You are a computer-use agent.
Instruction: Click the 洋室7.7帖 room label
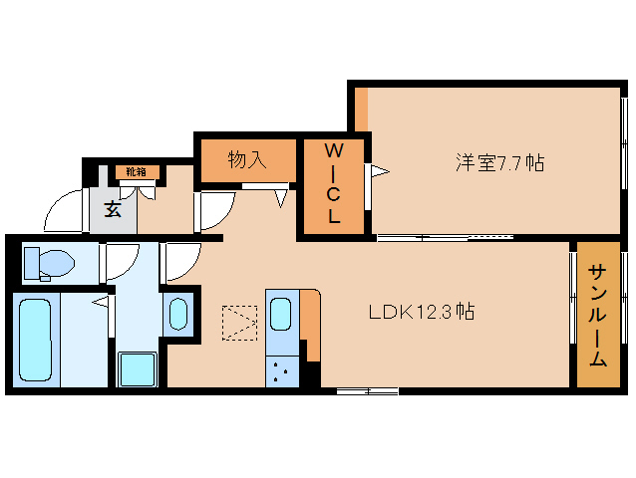(x=499, y=163)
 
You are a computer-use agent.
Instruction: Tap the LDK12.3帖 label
(x=421, y=312)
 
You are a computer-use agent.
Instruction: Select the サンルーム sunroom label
(x=597, y=316)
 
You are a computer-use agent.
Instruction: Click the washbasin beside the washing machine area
(x=178, y=314)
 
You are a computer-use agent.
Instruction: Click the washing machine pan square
(x=138, y=369)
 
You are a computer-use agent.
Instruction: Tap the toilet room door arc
(x=122, y=261)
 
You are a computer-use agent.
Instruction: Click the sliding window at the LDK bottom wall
(x=367, y=390)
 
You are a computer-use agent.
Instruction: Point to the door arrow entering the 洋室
(x=380, y=172)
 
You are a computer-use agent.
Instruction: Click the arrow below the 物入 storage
(x=281, y=197)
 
